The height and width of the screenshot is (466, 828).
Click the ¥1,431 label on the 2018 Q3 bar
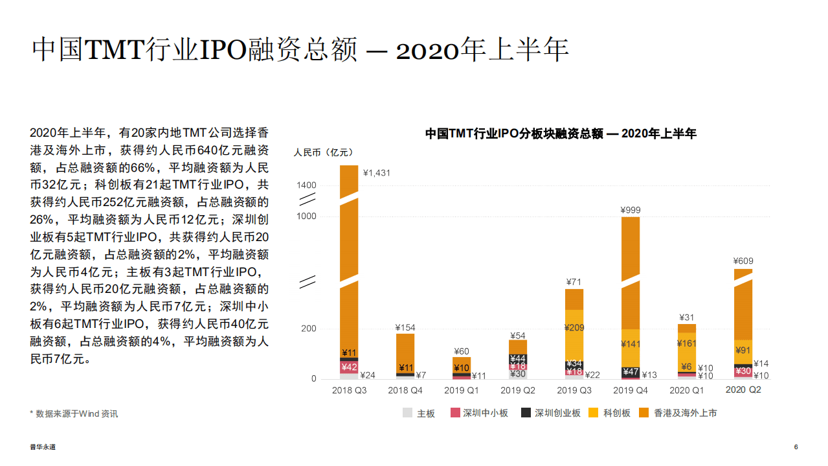click(377, 173)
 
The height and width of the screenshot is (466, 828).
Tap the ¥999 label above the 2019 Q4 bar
click(630, 210)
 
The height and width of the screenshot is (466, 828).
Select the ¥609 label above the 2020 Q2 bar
click(743, 261)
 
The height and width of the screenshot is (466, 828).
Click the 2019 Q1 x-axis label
click(461, 390)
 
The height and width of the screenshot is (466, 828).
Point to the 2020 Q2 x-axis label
click(743, 390)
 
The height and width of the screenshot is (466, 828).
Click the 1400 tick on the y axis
click(306, 185)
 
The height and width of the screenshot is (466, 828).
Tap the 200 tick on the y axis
click(309, 329)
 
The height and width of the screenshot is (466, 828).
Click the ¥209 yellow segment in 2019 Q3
click(574, 328)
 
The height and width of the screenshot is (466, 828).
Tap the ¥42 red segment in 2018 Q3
click(349, 367)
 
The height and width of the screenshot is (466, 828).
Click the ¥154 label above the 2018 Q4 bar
click(405, 327)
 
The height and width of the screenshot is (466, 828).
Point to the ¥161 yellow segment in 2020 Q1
click(686, 344)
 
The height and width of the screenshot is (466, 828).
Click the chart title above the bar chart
click(561, 134)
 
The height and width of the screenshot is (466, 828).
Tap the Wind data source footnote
click(74, 414)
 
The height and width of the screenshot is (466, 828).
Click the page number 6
click(796, 447)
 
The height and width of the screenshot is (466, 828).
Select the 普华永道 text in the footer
click(43, 447)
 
